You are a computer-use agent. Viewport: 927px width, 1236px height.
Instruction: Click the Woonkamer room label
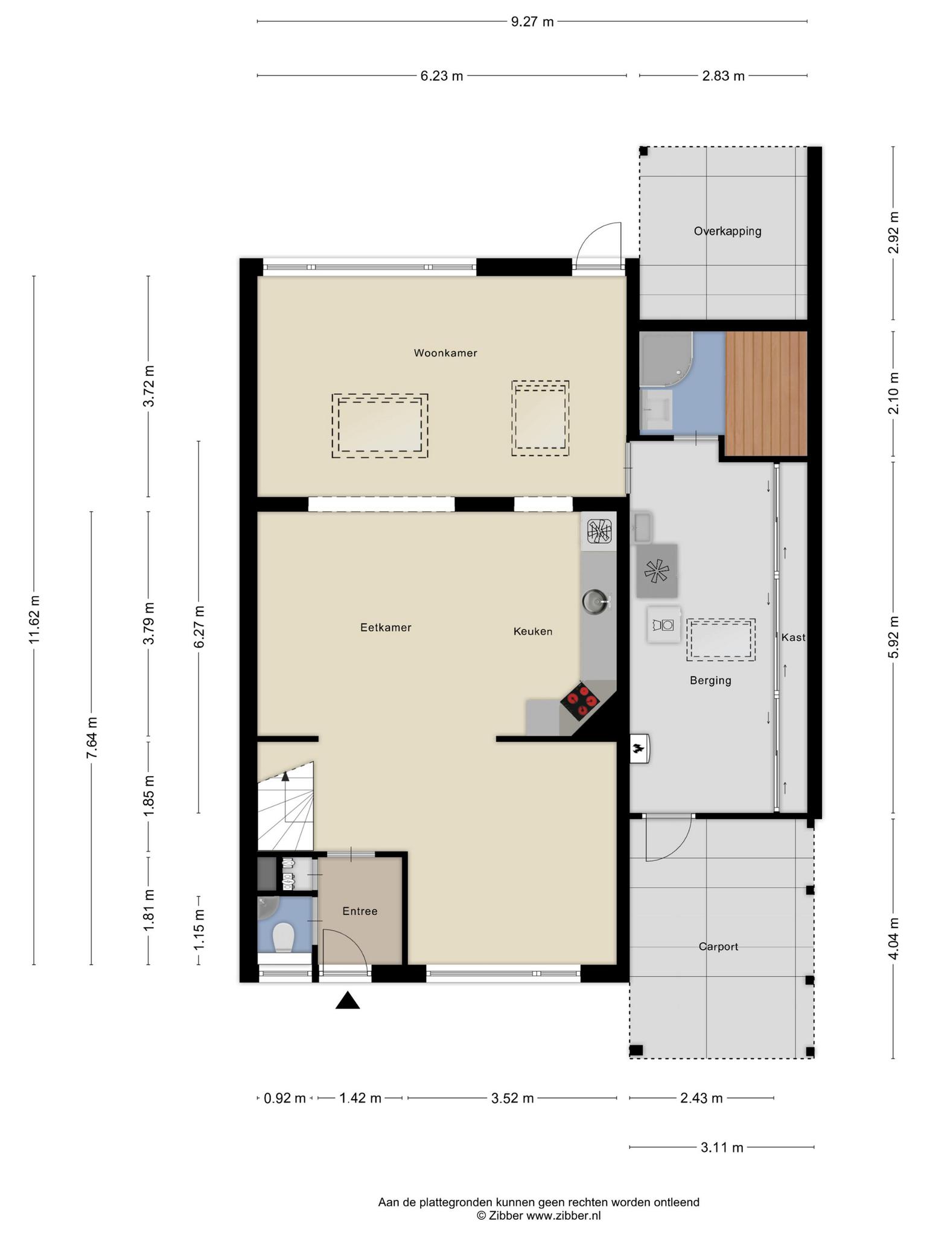(x=445, y=353)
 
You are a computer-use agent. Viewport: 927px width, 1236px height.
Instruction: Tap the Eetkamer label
(x=386, y=628)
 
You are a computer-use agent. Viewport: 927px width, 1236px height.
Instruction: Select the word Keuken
(x=533, y=631)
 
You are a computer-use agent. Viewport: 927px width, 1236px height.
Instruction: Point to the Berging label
(x=710, y=681)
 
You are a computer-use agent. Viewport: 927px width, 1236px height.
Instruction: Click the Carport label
(x=718, y=947)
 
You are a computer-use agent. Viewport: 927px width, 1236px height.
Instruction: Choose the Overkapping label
(x=727, y=231)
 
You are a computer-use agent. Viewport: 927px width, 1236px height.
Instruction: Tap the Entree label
(x=360, y=911)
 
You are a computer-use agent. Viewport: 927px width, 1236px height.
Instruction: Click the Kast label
(x=793, y=637)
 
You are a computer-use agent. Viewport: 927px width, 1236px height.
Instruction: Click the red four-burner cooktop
(x=581, y=700)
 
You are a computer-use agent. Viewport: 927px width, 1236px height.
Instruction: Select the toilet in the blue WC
(x=282, y=938)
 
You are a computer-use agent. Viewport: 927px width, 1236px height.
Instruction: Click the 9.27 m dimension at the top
(x=532, y=22)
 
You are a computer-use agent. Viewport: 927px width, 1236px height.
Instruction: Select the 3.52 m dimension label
(x=512, y=1098)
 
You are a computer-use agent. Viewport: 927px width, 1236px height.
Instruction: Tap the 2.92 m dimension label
(x=894, y=233)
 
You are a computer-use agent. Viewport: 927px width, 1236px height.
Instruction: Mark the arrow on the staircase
(x=285, y=796)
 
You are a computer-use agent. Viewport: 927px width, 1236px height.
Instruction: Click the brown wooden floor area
(x=766, y=393)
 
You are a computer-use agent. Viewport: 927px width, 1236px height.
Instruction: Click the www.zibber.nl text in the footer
(x=563, y=1216)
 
